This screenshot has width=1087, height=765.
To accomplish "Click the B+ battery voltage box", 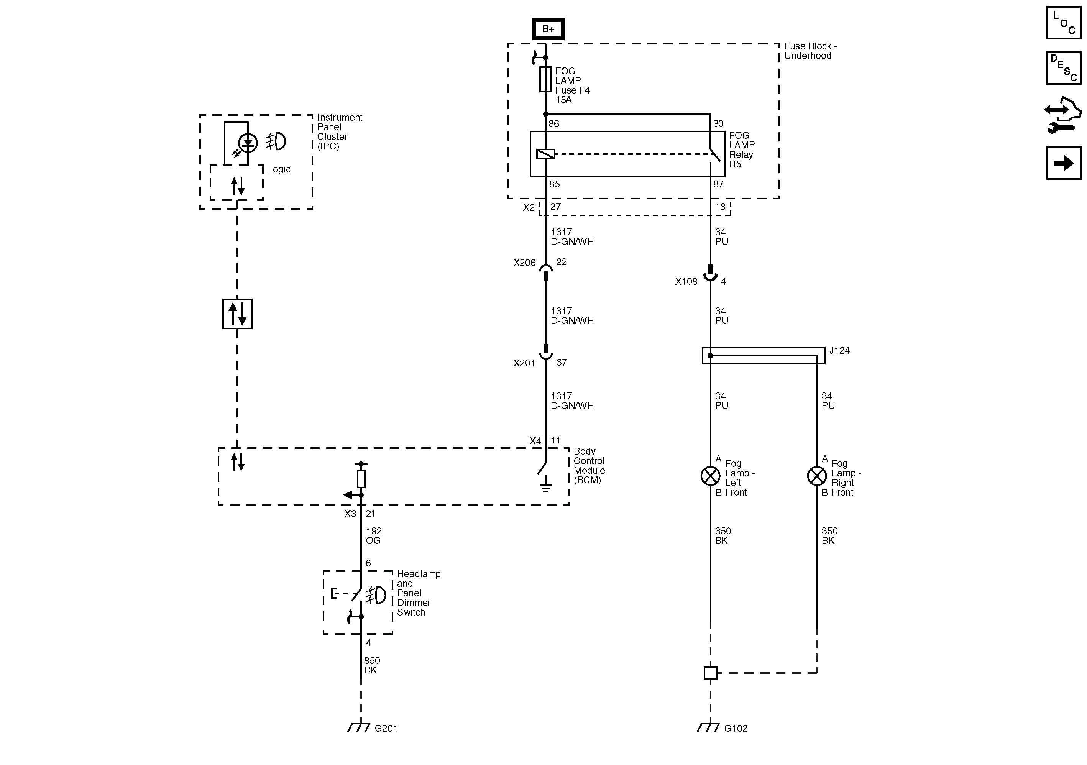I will [x=548, y=29].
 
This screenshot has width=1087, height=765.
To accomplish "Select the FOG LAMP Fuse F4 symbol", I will [x=545, y=79].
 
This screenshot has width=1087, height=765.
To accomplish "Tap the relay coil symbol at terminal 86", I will [x=545, y=154].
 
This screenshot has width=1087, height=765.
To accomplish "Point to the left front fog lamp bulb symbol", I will [x=710, y=476].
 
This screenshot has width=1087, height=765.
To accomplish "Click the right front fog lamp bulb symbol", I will [x=817, y=476].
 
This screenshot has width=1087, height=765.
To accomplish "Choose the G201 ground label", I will [x=386, y=729].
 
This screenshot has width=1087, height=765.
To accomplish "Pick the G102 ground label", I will [x=736, y=729].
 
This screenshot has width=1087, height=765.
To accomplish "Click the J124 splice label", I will [x=839, y=351].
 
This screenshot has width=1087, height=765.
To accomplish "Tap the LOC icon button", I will [x=1063, y=23].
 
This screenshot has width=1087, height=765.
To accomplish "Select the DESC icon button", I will [x=1063, y=68].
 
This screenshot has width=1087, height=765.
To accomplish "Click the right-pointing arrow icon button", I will [x=1063, y=163].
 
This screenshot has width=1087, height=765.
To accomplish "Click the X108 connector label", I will [x=686, y=282].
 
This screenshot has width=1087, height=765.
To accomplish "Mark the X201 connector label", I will [x=524, y=363].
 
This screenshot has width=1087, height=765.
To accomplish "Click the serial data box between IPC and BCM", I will [x=237, y=314].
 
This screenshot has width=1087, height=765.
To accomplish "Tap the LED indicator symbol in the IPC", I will [x=248, y=143].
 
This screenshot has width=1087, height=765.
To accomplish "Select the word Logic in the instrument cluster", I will [x=279, y=169].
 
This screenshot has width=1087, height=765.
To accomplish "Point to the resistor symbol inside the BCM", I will [x=361, y=479].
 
